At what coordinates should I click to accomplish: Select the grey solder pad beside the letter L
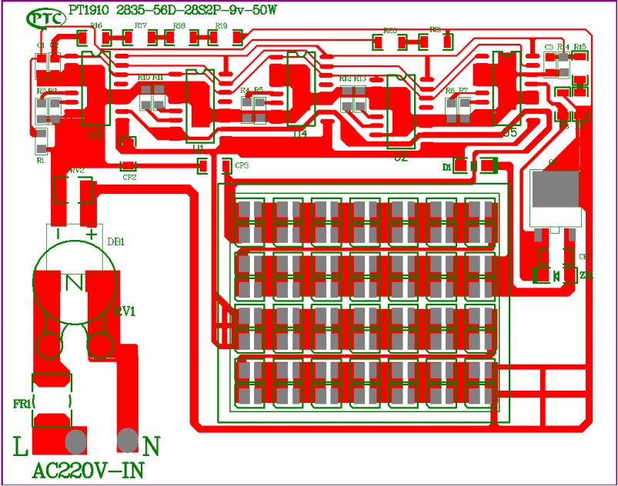coord(75,442)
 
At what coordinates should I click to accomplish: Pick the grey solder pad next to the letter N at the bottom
coord(128,441)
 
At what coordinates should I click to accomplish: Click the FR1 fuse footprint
coord(52,401)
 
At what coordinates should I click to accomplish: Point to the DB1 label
coord(116,241)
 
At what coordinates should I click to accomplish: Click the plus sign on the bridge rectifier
coord(92,234)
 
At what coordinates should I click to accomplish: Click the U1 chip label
coord(199,145)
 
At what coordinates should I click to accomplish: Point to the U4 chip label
coord(299,133)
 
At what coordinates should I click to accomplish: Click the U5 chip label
coord(509,132)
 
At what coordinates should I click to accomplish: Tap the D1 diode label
coord(446,166)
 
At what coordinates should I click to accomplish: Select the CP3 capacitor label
coord(242,165)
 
